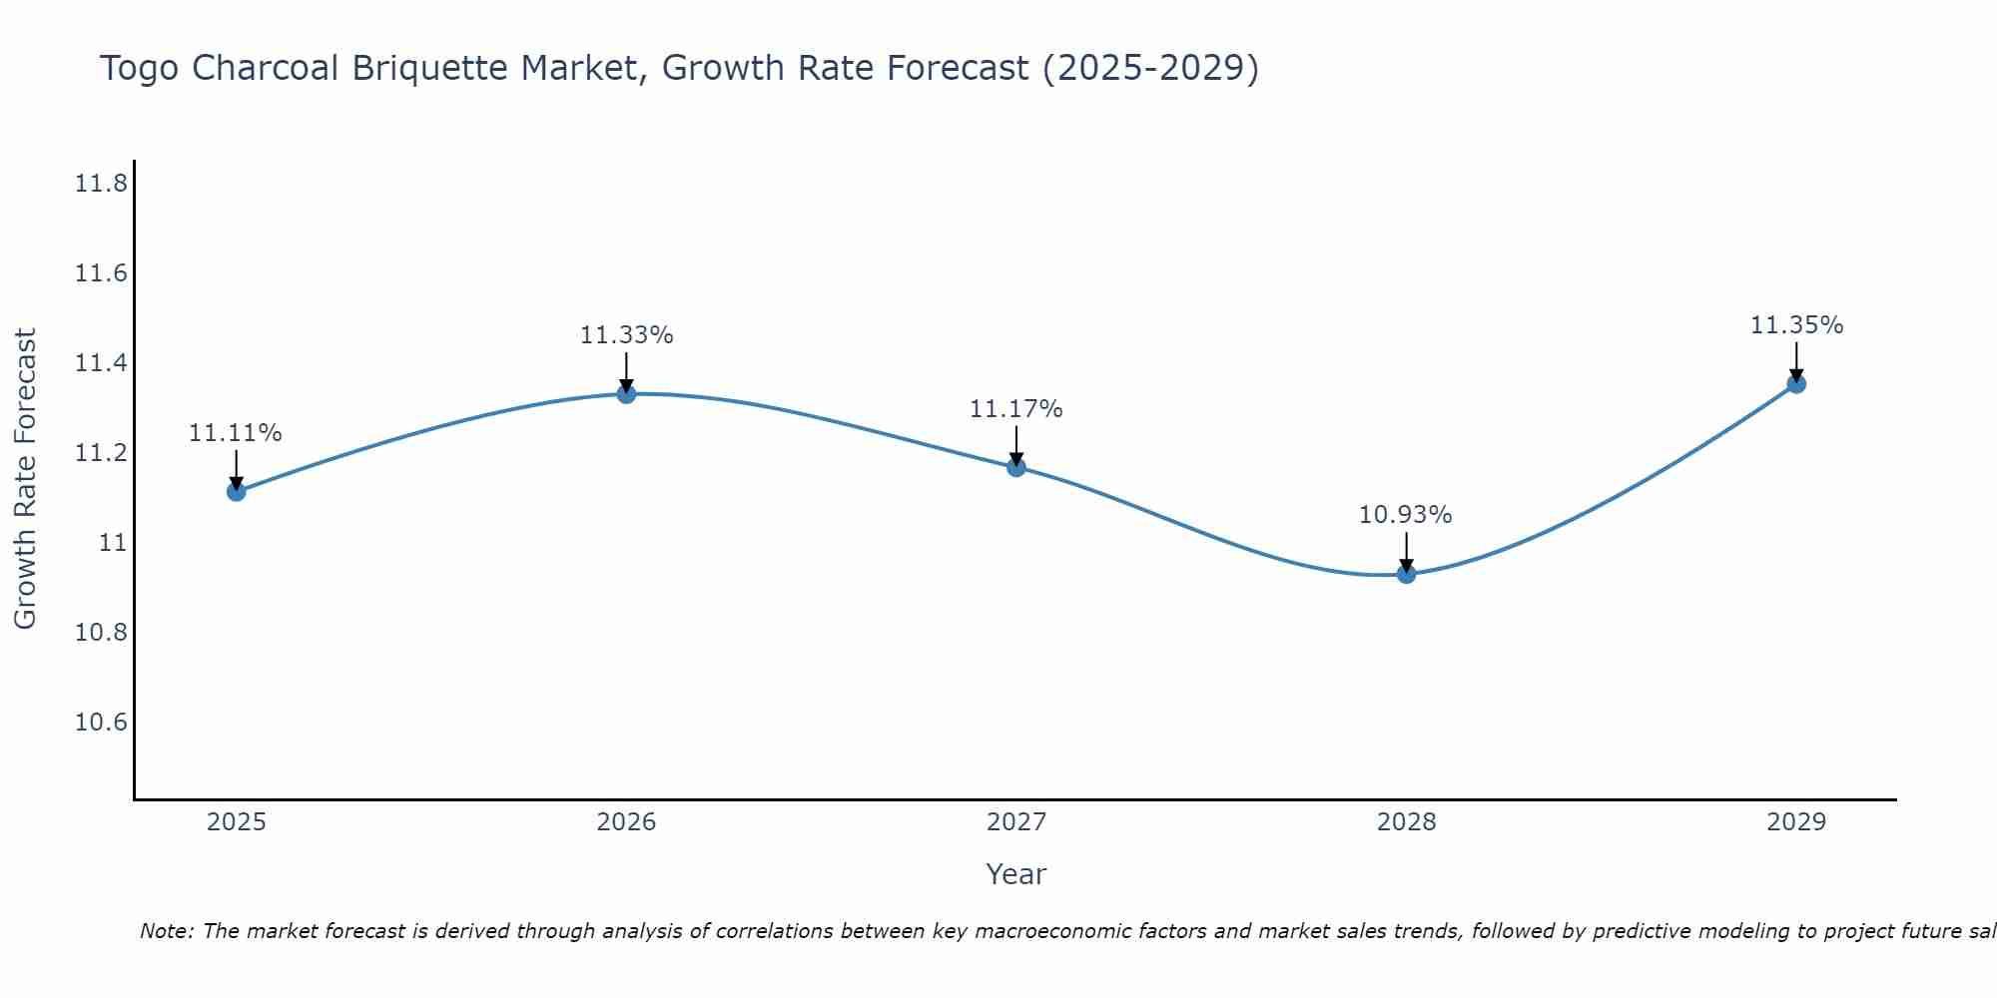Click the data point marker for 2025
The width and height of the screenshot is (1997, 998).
click(x=237, y=491)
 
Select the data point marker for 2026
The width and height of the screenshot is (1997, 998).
click(x=626, y=393)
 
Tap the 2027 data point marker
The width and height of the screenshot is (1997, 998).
click(x=1016, y=466)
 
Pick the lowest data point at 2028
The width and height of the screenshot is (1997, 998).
click(x=1406, y=573)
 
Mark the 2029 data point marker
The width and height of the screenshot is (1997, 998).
click(x=1796, y=383)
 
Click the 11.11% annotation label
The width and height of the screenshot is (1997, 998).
click(x=236, y=433)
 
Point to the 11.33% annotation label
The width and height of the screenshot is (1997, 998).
click(x=626, y=335)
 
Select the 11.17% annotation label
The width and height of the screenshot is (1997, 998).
click(x=1016, y=409)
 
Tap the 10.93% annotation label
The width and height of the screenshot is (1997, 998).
click(x=1406, y=515)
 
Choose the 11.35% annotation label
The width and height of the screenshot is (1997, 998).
click(x=1796, y=325)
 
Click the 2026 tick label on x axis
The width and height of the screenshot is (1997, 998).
click(x=626, y=822)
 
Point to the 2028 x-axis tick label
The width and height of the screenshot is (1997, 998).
click(x=1406, y=822)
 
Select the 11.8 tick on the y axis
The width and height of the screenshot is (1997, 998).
click(x=101, y=184)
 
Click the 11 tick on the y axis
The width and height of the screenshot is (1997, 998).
click(x=113, y=543)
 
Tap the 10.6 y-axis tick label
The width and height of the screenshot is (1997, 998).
click(x=101, y=723)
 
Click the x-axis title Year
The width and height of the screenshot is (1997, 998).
click(x=1016, y=874)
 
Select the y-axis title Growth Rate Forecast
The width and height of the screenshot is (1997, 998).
click(x=25, y=479)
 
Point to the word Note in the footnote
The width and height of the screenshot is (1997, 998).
click(x=166, y=931)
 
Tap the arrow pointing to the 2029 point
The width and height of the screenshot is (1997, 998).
click(x=1796, y=363)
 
